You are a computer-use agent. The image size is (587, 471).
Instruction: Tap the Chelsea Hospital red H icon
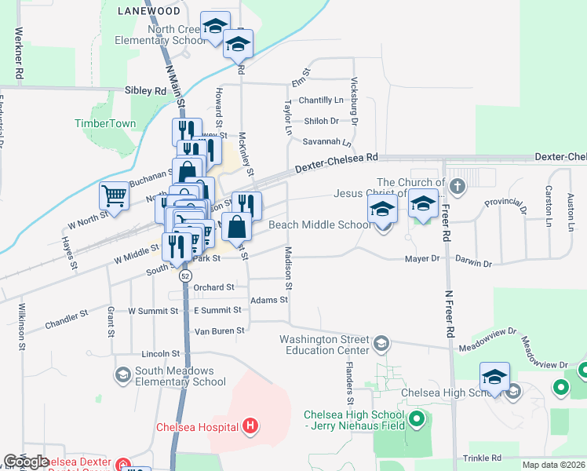(250, 426)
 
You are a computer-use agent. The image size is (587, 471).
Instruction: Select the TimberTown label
(105, 123)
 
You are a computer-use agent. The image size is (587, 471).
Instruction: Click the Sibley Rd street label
(146, 91)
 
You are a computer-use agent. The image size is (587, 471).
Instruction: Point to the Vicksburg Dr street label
(354, 101)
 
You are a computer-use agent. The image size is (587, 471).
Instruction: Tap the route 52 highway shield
(185, 276)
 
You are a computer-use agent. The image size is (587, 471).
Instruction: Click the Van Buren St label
(220, 330)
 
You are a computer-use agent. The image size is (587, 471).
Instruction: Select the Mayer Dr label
(420, 259)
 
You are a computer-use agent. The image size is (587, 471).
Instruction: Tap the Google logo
(26, 462)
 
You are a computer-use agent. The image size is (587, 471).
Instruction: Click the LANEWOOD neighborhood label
(148, 11)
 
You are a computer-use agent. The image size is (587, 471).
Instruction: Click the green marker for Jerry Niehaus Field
(417, 421)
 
